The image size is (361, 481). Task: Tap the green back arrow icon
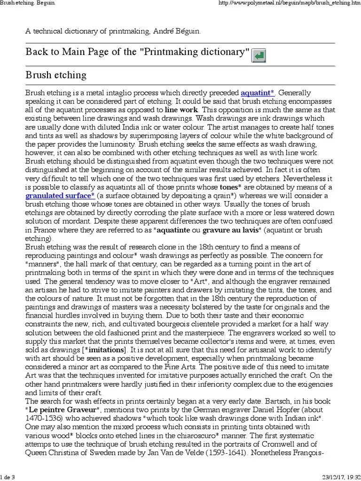[259, 56]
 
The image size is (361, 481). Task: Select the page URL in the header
[290, 3]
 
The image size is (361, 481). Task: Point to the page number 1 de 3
[8, 477]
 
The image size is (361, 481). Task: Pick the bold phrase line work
[181, 110]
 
